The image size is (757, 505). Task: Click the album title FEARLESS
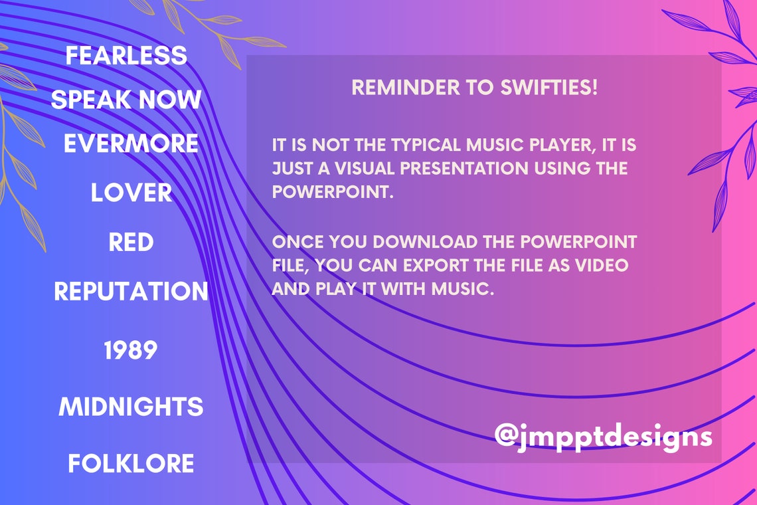[126, 55]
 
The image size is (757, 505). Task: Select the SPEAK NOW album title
[126, 100]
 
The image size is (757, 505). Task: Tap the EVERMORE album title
[131, 144]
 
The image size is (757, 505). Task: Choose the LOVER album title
[131, 193]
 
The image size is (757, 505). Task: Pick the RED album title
[131, 242]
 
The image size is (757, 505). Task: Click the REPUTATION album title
[131, 292]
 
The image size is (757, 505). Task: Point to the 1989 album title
[131, 350]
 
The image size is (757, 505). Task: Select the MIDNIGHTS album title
[131, 407]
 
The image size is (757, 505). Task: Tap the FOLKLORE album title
[131, 463]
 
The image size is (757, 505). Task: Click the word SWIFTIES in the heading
[549, 88]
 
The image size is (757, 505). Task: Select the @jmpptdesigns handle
[604, 437]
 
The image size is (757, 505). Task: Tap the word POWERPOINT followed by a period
[333, 192]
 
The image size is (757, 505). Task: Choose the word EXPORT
[436, 265]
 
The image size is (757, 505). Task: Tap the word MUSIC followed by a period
[463, 289]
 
